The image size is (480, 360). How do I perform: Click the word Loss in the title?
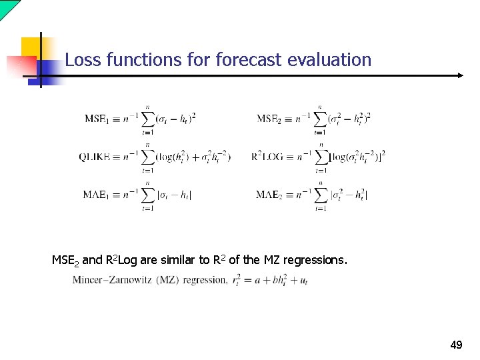81,60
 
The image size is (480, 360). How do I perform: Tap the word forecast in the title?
251,60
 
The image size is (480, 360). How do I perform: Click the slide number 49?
457,345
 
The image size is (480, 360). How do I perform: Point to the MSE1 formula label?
97,119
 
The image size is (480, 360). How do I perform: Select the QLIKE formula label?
97,157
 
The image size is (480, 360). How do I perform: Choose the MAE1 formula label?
97,195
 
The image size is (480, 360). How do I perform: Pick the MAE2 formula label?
269,195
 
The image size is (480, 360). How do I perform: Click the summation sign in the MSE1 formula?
147,119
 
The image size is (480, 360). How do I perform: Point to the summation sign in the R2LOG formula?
321,157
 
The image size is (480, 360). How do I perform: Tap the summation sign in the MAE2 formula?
321,195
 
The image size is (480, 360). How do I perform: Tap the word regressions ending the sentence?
315,259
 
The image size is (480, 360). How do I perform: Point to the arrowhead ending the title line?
459,75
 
